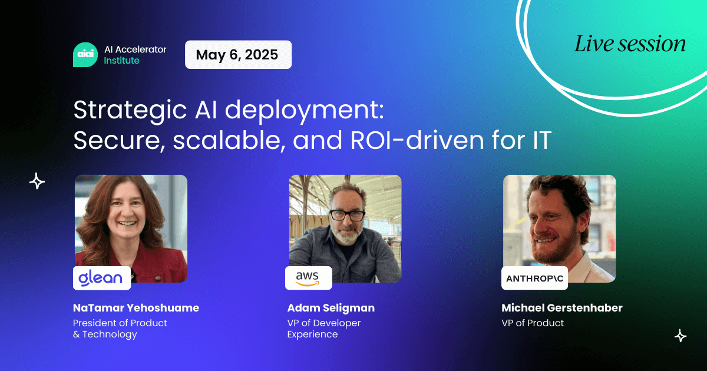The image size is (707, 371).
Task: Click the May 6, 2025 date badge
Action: click(238, 55)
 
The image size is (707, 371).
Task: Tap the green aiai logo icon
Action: click(85, 55)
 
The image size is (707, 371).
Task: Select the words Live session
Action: click(630, 44)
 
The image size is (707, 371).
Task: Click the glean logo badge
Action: click(101, 278)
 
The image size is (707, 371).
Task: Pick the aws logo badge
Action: click(308, 278)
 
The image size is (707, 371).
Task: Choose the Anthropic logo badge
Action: click(534, 278)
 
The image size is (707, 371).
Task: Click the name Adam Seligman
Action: click(331, 308)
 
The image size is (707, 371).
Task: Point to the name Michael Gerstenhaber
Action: click(562, 308)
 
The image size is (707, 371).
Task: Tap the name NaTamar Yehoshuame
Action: click(136, 308)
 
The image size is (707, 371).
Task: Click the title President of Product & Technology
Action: click(120, 329)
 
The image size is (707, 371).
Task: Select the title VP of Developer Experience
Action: click(324, 329)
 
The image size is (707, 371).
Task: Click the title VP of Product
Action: click(533, 323)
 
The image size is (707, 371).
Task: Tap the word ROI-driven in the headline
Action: click(417, 140)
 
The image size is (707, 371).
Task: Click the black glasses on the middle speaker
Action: click(347, 216)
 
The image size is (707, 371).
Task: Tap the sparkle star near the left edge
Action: click(37, 181)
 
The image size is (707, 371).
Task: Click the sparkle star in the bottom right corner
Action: click(680, 336)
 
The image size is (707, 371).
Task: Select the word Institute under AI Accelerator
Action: click(121, 61)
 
